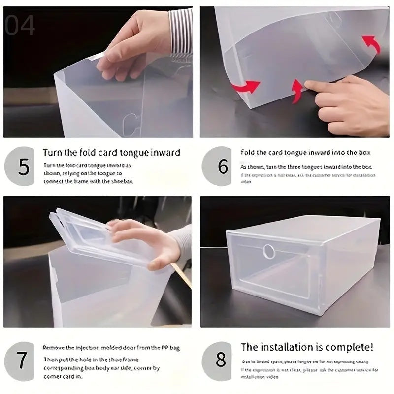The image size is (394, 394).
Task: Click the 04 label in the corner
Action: click(20, 26)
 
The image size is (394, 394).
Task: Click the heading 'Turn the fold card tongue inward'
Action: click(111, 153)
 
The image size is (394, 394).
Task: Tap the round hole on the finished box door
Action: click(268, 251)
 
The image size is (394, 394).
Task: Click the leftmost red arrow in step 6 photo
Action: click(249, 88)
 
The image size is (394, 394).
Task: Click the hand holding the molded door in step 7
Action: click(148, 241)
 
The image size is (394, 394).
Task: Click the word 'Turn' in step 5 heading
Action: click(52, 153)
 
